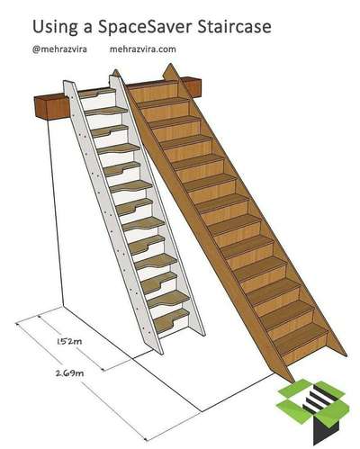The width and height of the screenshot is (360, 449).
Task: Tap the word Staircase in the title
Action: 234,26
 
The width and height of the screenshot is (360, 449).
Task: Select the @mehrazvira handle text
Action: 59,49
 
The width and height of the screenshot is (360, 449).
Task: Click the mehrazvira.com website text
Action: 142,49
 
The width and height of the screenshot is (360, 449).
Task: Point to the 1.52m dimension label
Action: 69,341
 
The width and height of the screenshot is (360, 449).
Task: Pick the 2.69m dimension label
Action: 69,373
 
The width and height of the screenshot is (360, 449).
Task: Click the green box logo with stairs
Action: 312,411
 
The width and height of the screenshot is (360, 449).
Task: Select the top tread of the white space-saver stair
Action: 96,93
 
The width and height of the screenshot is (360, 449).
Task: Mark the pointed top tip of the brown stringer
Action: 170,64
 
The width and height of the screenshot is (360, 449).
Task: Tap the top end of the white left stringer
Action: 67,82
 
